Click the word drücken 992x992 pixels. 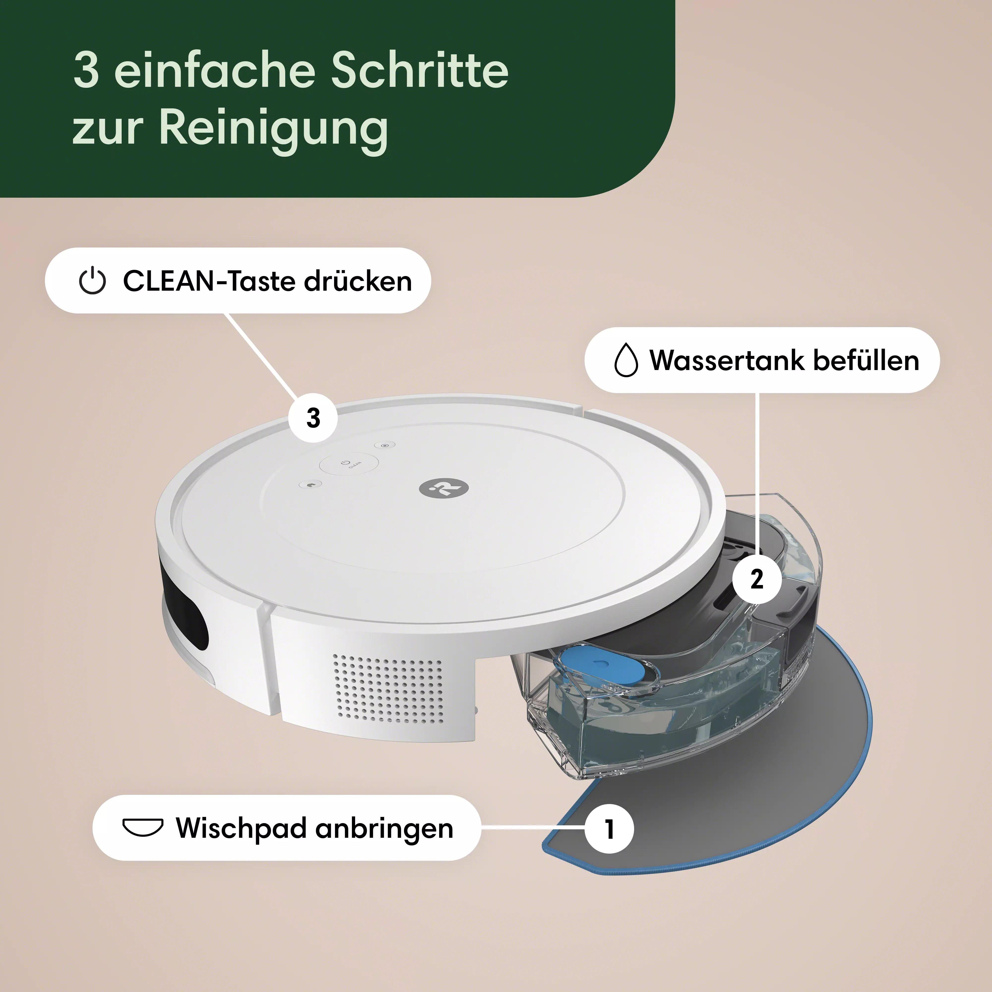click(x=358, y=281)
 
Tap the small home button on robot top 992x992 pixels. click(x=310, y=484)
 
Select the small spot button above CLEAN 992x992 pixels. click(x=385, y=445)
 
